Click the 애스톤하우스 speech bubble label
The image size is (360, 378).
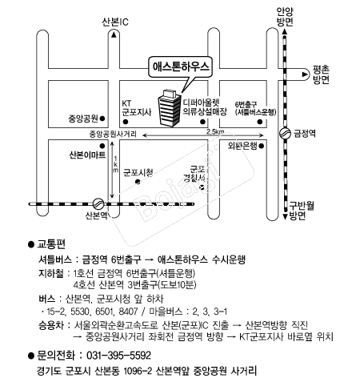pos(181,66)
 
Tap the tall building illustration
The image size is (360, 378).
pos(170,107)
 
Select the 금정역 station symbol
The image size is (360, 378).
pos(285,133)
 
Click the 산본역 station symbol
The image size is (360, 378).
pos(98,204)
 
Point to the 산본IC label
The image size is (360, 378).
pos(115,22)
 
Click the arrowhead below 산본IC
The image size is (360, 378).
pos(114,34)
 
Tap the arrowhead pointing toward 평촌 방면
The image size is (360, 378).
pos(305,74)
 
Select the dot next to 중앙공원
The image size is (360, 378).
pos(102,119)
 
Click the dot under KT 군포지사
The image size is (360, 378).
pos(126,122)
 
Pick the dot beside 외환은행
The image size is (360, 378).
pos(262,146)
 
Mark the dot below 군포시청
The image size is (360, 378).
pos(138,182)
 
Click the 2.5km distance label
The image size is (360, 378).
pos(215,131)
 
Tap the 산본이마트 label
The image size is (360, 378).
pos(87,155)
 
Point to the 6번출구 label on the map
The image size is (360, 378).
pos(246,104)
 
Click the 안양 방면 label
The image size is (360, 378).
pos(285,17)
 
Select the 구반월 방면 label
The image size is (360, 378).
pos(302,211)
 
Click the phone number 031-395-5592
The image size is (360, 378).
pos(119,356)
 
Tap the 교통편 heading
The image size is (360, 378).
pos(51,244)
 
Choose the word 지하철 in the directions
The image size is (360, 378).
pos(51,273)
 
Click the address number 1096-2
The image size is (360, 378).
pos(138,371)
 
